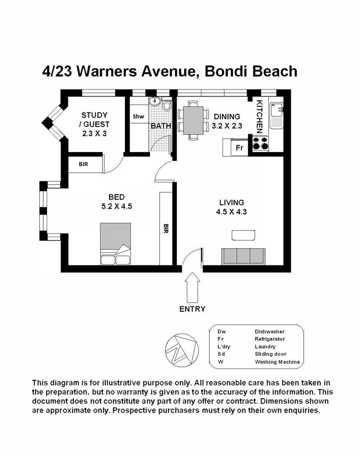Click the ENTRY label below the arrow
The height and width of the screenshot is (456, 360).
point(192,309)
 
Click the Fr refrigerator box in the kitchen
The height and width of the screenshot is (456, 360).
point(239,148)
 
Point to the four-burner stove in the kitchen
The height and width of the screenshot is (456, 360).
point(260,143)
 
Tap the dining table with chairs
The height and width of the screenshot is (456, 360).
point(193,120)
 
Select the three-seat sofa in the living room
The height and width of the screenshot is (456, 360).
point(243,256)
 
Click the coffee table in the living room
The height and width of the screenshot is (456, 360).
point(243,235)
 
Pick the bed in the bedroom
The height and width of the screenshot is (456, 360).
point(115,244)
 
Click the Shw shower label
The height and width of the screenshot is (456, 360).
point(138,116)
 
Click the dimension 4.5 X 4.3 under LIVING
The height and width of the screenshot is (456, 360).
point(232,211)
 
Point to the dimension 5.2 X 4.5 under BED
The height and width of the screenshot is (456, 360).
point(116,206)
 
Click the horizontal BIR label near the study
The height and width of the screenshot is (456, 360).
point(84,164)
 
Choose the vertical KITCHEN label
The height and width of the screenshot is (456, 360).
point(259,116)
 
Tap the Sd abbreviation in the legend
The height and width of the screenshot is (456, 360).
point(221,354)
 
